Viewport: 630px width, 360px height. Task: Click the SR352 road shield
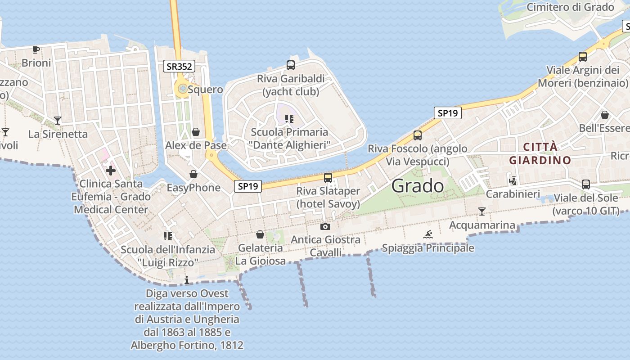179,67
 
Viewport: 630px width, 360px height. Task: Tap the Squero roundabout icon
183,89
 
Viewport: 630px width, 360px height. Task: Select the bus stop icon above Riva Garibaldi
291,65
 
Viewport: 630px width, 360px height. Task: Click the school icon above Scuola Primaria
289,119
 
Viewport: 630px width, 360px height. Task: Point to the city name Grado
418,186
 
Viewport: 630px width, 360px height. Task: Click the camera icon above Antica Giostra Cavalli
325,226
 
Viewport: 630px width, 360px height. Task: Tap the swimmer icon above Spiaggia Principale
428,234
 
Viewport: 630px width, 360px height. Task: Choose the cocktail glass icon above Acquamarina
482,211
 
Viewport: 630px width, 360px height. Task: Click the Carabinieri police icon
513,181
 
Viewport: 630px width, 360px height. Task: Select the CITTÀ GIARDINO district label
540,153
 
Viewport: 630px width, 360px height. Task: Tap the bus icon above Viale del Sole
585,184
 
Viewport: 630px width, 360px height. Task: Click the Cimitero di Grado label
570,7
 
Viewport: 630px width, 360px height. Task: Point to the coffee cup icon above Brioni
36,49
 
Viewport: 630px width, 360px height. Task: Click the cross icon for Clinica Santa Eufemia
110,171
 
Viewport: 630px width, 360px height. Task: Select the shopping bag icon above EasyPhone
193,174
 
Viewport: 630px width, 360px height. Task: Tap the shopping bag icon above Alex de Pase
196,132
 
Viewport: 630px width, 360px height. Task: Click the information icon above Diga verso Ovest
187,280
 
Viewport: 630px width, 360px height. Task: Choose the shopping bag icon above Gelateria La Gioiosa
260,234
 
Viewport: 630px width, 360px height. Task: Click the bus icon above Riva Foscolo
418,135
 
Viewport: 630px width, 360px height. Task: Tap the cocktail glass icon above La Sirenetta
58,120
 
